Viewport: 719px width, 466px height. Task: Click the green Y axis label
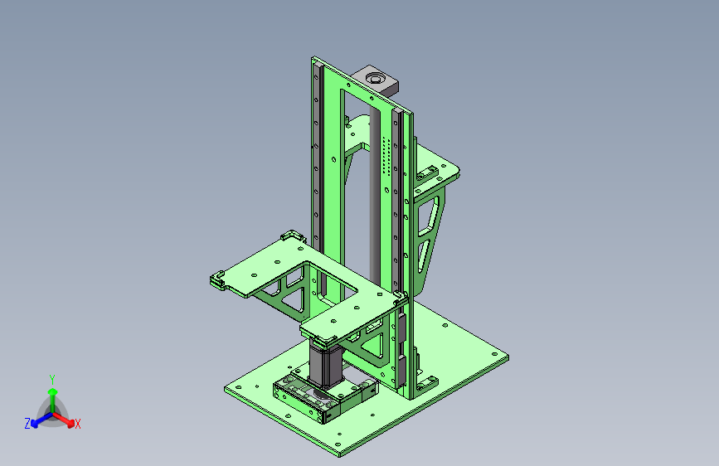[52, 380]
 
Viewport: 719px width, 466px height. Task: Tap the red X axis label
[77, 425]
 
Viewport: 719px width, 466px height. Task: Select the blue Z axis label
[27, 424]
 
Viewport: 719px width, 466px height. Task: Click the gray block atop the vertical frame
[375, 80]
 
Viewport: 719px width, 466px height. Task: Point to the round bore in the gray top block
[374, 79]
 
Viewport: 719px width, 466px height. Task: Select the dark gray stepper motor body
[326, 365]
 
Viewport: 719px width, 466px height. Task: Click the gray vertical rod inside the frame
[375, 197]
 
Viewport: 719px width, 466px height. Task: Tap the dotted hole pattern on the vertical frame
[386, 156]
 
